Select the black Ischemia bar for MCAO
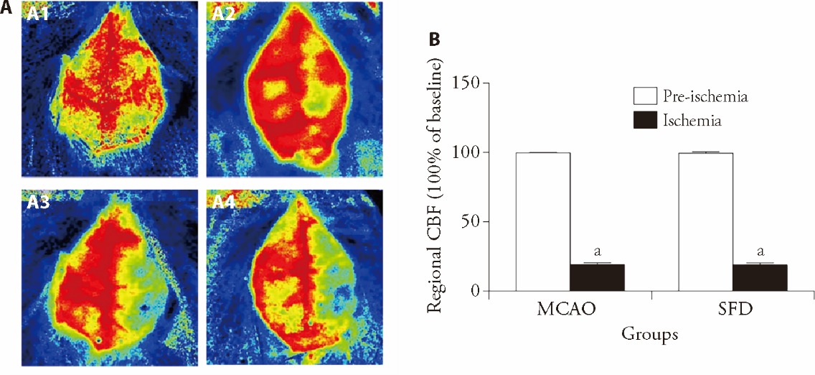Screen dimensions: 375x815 [597, 277]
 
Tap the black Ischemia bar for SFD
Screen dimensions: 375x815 [760, 277]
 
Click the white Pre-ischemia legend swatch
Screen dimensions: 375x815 [645, 96]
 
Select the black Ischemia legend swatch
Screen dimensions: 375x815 [645, 121]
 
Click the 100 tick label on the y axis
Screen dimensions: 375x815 [468, 152]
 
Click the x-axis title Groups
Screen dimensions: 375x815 [650, 336]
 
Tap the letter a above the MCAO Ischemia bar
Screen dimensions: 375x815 [597, 251]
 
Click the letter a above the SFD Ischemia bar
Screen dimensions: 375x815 [760, 251]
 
